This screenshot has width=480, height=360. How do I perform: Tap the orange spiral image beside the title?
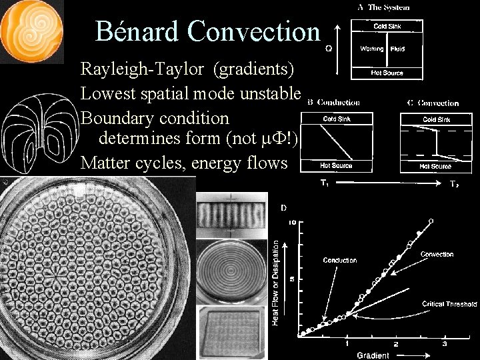[x=31, y=31]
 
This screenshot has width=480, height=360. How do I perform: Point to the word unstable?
[x=269, y=93]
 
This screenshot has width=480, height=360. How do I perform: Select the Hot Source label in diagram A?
[x=388, y=72]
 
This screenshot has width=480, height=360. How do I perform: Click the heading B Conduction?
[x=334, y=103]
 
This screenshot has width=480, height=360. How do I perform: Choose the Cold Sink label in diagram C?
[x=436, y=120]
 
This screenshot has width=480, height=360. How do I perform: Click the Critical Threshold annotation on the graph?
[x=450, y=304]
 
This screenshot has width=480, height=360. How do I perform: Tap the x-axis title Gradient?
[x=373, y=355]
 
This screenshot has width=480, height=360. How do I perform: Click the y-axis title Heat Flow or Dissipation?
[x=275, y=283]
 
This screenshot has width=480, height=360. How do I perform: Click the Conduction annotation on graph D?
[x=340, y=260]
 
